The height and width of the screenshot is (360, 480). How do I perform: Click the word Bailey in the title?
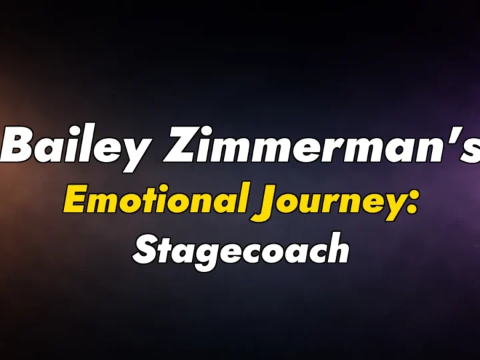click(73, 146)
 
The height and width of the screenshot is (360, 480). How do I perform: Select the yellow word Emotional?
click(153, 199)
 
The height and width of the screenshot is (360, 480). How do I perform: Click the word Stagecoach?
click(241, 250)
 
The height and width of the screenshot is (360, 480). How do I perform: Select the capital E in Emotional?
click(75, 199)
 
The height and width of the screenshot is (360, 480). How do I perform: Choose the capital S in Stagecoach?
click(145, 249)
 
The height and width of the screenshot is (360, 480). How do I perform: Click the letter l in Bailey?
click(82, 143)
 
